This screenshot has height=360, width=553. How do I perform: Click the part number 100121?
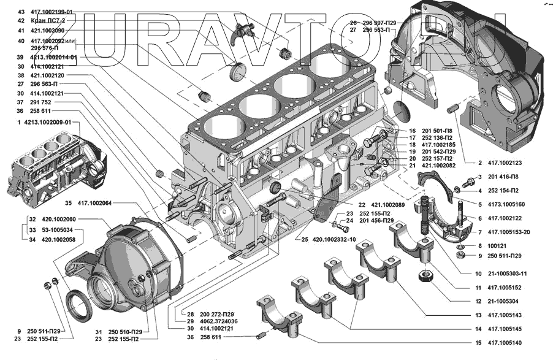pyautogui.click(x=498, y=245)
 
